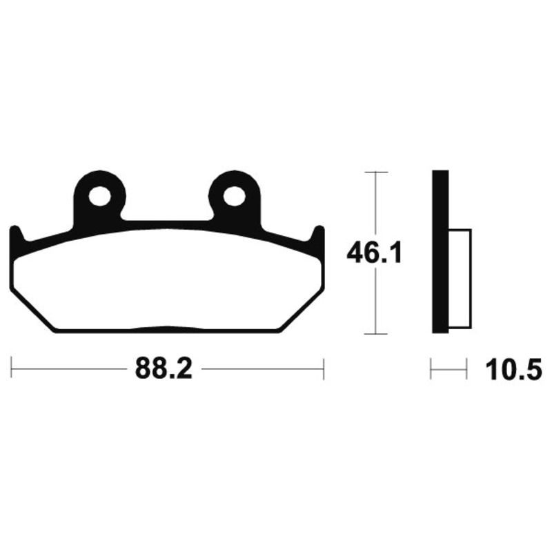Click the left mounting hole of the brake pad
99,196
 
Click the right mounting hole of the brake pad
235,196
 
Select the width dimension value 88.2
163,370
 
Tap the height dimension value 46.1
374,254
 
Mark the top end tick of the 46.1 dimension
375,172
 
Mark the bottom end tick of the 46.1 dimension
375,334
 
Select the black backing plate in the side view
440,252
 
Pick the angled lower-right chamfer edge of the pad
301,310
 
